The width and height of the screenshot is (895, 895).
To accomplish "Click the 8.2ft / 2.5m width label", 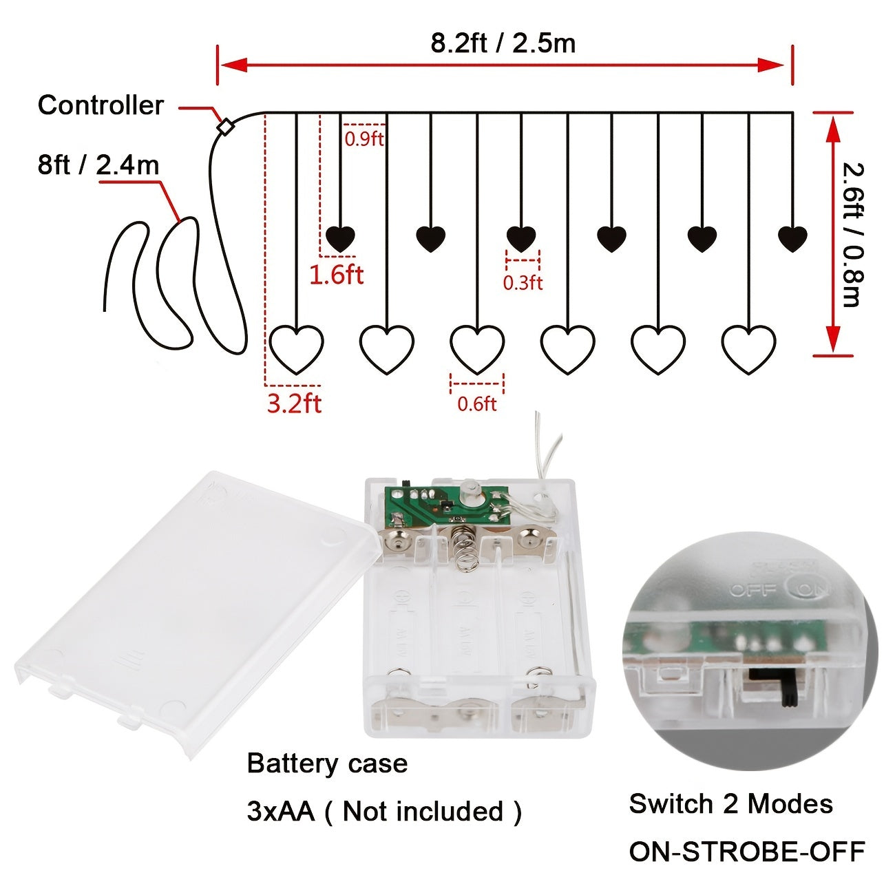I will tap(503, 43).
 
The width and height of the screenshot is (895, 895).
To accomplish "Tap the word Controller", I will tap(101, 105).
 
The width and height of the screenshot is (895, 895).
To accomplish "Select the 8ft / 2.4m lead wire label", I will tap(98, 165).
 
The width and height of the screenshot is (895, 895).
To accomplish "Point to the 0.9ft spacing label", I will tap(364, 138).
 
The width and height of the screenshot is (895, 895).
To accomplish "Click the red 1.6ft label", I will tap(336, 275).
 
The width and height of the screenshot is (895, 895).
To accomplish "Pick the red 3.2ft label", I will tap(294, 403).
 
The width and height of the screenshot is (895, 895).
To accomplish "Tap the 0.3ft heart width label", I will tap(523, 282).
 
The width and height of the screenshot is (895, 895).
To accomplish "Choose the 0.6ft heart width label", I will tap(476, 403).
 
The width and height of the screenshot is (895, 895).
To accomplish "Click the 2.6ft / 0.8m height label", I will tap(852, 234).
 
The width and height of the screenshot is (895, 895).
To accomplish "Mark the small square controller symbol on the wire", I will tap(224, 127).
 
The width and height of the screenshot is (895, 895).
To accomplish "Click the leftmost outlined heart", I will tap(296, 348).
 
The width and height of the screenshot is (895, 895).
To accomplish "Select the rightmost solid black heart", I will tap(792, 238).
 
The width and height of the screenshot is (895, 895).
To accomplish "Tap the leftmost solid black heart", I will tap(340, 238).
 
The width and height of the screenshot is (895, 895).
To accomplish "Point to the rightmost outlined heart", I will tap(748, 348).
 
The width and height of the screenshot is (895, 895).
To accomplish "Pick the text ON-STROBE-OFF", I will tap(746, 852).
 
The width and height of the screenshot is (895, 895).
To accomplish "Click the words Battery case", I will tap(327, 764).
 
